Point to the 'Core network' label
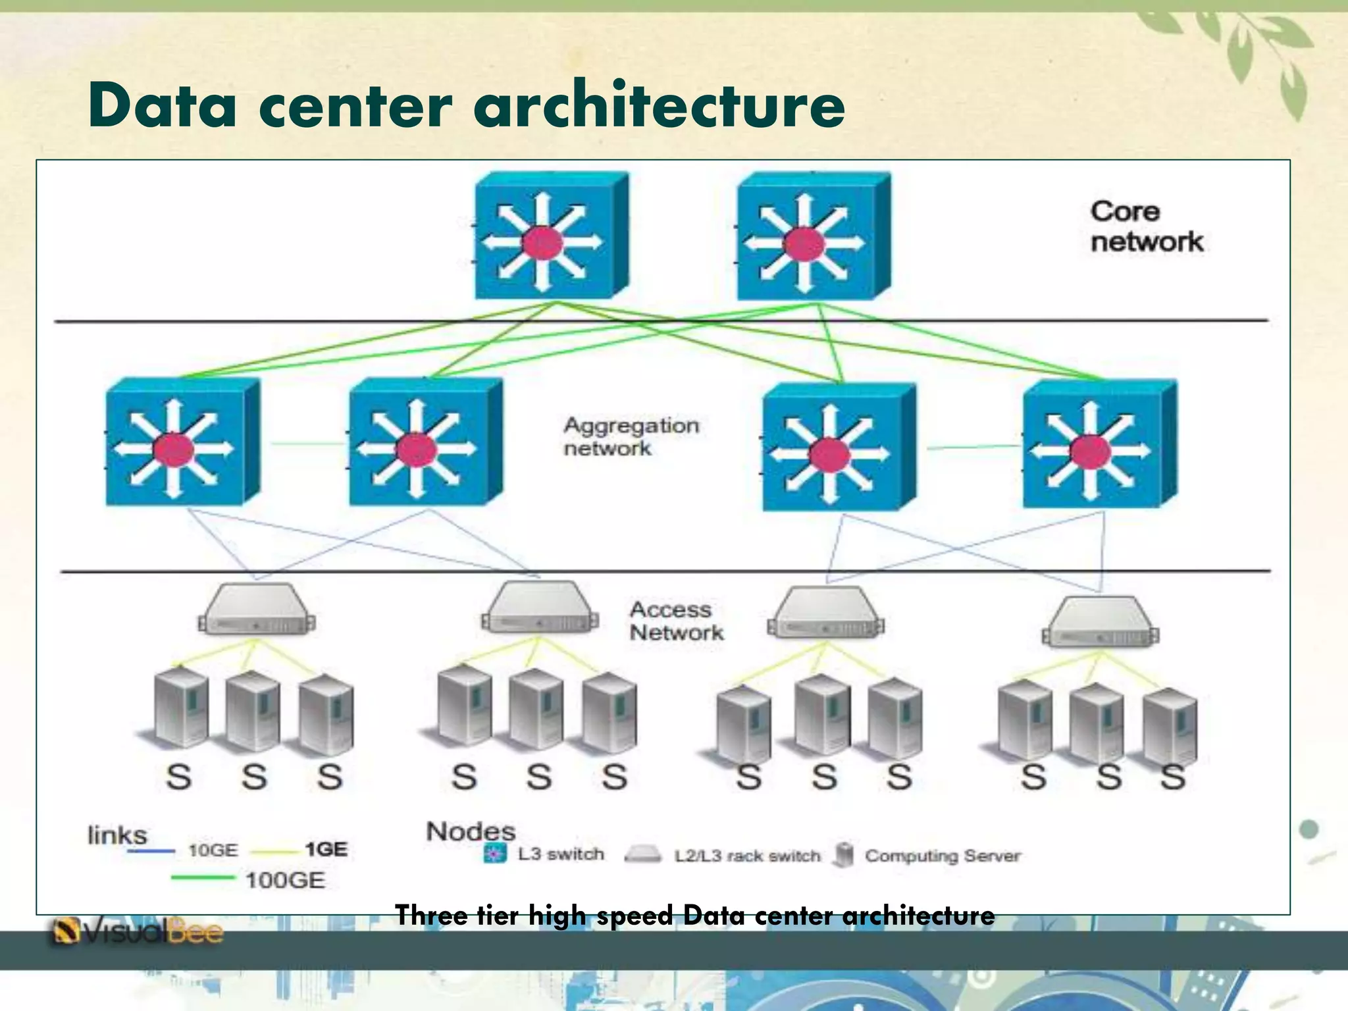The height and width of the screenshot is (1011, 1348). pyautogui.click(x=1146, y=226)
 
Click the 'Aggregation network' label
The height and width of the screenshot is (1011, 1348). pyautogui.click(x=631, y=436)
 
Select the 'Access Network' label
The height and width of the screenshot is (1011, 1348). pyautogui.click(x=676, y=621)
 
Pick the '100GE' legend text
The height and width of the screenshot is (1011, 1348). pyautogui.click(x=285, y=880)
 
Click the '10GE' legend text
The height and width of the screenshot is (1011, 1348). pyautogui.click(x=213, y=850)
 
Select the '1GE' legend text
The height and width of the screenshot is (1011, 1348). pyautogui.click(x=326, y=850)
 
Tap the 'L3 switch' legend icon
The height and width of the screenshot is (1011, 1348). pyautogui.click(x=495, y=854)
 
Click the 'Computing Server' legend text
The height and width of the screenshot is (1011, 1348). pyautogui.click(x=943, y=856)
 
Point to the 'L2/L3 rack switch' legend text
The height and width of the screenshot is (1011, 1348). pyautogui.click(x=747, y=856)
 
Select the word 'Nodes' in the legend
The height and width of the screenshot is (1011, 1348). pyautogui.click(x=471, y=831)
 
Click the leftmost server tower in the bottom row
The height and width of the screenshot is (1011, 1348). pyautogui.click(x=180, y=710)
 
